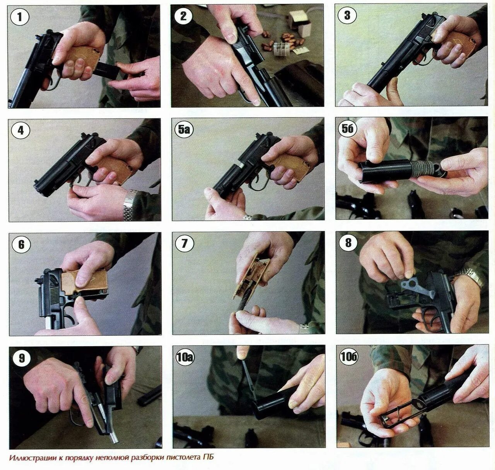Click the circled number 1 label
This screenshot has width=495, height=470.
[x=19, y=17]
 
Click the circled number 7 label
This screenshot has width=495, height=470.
[x=184, y=244]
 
